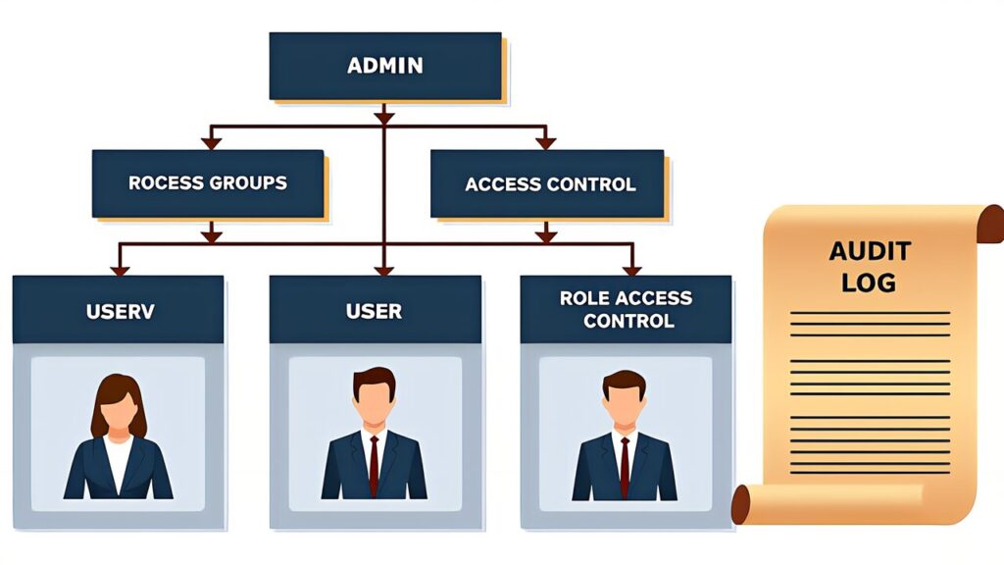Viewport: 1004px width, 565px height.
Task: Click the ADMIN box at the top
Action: pos(385,67)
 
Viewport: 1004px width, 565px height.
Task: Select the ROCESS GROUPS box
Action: pos(208,183)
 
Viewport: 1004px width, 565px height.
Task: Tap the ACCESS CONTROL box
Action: pos(549,183)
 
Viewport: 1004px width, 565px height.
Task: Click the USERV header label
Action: pos(120,312)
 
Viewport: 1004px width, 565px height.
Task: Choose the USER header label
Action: pos(374,311)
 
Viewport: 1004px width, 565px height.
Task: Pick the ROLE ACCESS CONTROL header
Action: pos(626,309)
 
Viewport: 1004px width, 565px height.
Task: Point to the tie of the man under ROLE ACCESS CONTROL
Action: pos(625,466)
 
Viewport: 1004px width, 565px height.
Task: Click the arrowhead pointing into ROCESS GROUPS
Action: pos(210,143)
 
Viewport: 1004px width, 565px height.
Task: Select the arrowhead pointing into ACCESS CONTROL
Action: pos(546,143)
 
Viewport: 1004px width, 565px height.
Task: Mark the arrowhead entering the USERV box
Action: pos(120,269)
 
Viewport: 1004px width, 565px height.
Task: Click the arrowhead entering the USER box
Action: pos(384,269)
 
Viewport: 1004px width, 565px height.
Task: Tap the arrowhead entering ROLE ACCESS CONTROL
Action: pos(632,269)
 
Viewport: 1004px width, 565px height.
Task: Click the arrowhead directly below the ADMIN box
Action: pos(384,118)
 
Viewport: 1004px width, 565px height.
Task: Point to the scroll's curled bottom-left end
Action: pos(742,504)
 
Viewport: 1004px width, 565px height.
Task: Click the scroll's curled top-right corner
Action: pos(990,223)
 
